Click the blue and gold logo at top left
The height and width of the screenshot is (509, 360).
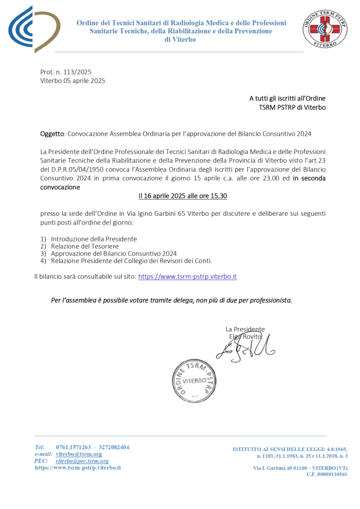[34, 29]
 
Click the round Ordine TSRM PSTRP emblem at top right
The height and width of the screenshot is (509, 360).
[326, 29]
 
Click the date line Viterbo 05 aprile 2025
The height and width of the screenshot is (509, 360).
[73, 81]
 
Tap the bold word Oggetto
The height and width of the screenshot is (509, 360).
[52, 134]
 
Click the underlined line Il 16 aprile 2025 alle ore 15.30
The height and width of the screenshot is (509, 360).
[182, 196]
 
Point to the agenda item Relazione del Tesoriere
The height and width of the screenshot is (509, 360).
[85, 246]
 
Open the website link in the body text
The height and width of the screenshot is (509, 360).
[187, 276]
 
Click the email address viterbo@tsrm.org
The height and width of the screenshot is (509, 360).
[79, 454]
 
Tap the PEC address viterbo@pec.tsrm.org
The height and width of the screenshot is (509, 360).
[82, 461]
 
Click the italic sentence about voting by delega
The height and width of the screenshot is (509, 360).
[172, 300]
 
